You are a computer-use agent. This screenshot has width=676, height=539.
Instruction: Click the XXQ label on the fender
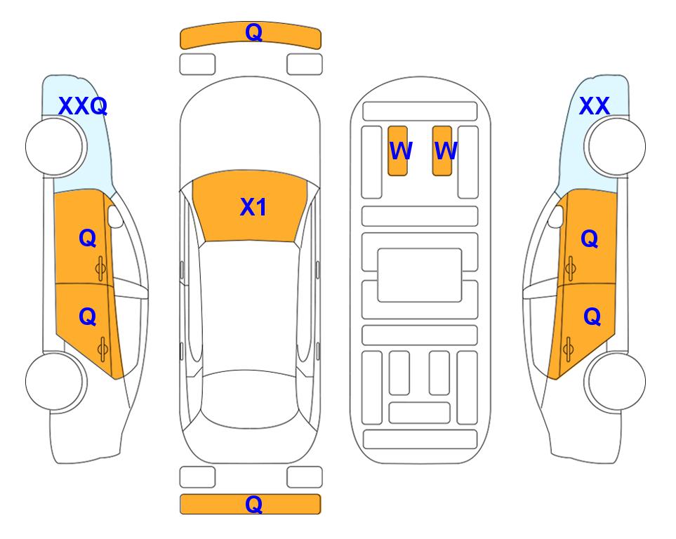(x=83, y=106)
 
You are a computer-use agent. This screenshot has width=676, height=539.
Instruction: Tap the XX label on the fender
(x=594, y=106)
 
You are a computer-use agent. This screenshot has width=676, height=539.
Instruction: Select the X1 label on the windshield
(x=253, y=207)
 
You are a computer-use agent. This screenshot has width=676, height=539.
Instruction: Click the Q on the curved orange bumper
(x=254, y=32)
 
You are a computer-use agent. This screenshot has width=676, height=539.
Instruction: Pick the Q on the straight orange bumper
(x=254, y=504)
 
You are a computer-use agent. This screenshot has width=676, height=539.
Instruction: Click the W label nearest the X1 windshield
(x=401, y=150)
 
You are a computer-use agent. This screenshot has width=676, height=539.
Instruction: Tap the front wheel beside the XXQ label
(x=55, y=147)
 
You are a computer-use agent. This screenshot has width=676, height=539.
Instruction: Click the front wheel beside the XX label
(x=616, y=147)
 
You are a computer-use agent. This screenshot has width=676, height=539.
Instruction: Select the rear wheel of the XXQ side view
(x=55, y=381)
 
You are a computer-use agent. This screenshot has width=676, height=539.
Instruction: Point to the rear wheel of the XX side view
(x=616, y=381)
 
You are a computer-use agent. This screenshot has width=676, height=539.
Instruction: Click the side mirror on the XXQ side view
(x=115, y=216)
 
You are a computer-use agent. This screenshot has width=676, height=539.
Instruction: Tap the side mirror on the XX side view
(x=556, y=216)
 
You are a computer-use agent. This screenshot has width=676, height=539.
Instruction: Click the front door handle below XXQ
(x=101, y=269)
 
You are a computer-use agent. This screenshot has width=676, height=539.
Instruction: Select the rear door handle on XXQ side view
(x=102, y=349)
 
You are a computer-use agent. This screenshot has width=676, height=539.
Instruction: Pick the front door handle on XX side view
(x=571, y=269)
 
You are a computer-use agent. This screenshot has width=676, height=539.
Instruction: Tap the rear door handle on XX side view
(x=568, y=349)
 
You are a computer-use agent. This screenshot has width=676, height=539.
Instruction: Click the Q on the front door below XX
(x=590, y=239)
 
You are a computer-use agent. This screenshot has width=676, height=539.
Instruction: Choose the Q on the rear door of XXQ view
(x=88, y=317)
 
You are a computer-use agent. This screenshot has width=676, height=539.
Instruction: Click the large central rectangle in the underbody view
(x=420, y=275)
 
